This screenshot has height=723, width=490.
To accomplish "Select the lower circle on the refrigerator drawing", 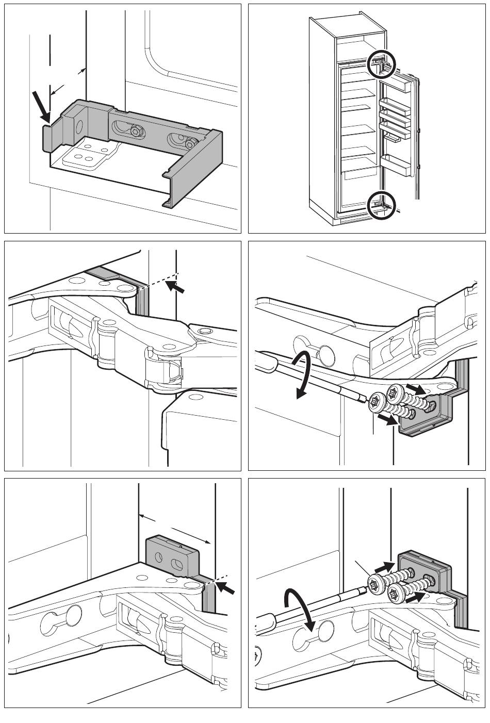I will click(x=381, y=205).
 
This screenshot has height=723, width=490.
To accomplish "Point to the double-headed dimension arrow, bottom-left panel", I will click(x=175, y=528).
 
